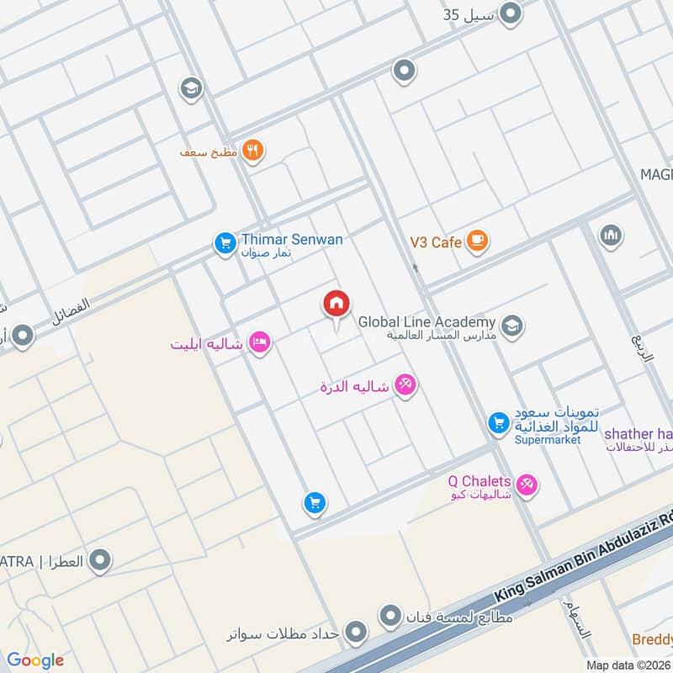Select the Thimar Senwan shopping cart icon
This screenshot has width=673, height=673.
tap(224, 244)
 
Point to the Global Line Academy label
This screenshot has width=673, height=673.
tap(427, 322)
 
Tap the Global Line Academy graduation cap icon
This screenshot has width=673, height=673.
tap(511, 325)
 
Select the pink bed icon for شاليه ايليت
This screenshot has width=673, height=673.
tap(260, 342)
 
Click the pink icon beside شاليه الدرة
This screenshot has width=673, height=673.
tap(405, 385)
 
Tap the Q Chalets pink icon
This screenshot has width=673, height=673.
tap(527, 485)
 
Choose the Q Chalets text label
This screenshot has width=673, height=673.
tap(479, 481)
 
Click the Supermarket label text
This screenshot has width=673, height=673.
tap(547, 440)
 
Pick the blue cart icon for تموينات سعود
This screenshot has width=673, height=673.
tap(499, 423)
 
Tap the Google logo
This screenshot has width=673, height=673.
tap(35, 660)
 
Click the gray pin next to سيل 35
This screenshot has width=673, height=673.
tap(510, 13)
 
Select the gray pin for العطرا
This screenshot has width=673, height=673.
tap(100, 559)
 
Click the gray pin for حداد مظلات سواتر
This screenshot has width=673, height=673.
tap(357, 631)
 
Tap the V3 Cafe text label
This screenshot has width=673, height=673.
tap(435, 242)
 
